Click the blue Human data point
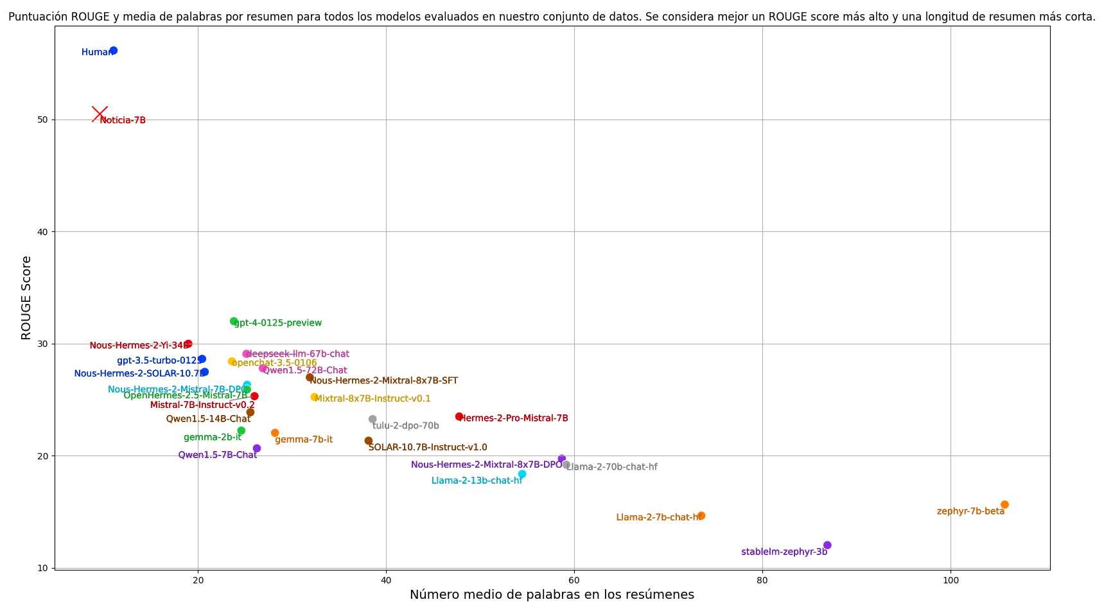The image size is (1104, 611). (x=114, y=51)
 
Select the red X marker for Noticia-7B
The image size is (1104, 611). (x=100, y=114)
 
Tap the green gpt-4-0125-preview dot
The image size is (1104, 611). (x=234, y=321)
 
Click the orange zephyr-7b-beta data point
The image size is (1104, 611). (x=1004, y=505)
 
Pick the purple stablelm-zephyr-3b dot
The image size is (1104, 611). (x=827, y=545)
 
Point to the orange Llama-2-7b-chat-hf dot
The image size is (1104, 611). (x=701, y=516)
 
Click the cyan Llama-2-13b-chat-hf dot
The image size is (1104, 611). (x=522, y=474)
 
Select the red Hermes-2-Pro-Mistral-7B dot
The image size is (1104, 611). (x=459, y=417)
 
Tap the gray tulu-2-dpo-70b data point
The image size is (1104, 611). (x=372, y=420)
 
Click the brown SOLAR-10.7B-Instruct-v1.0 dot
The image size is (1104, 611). (x=369, y=441)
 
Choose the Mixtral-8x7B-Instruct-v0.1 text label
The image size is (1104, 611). (x=372, y=399)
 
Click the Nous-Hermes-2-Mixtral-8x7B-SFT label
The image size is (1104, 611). (x=384, y=381)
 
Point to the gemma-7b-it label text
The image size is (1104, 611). (x=304, y=440)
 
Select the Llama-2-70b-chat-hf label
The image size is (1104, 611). (x=612, y=467)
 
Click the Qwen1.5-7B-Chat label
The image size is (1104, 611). (x=218, y=456)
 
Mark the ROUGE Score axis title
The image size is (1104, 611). (x=26, y=297)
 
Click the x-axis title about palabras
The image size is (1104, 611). (x=552, y=595)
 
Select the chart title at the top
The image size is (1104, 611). (x=552, y=17)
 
